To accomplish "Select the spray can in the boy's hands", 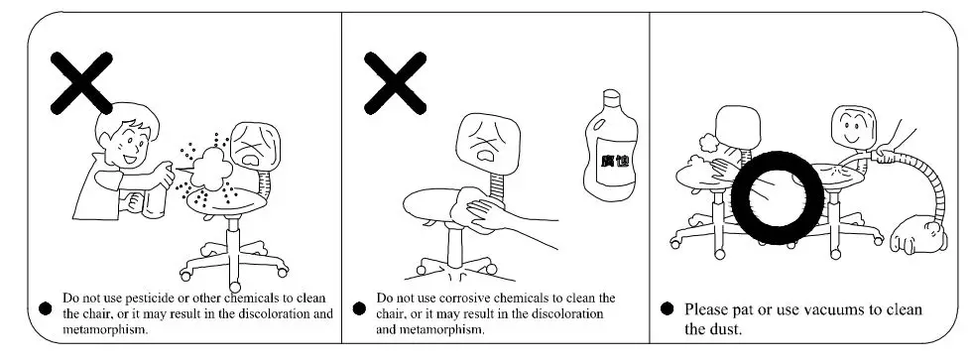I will (152, 193).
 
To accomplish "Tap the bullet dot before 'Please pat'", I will (667, 310).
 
